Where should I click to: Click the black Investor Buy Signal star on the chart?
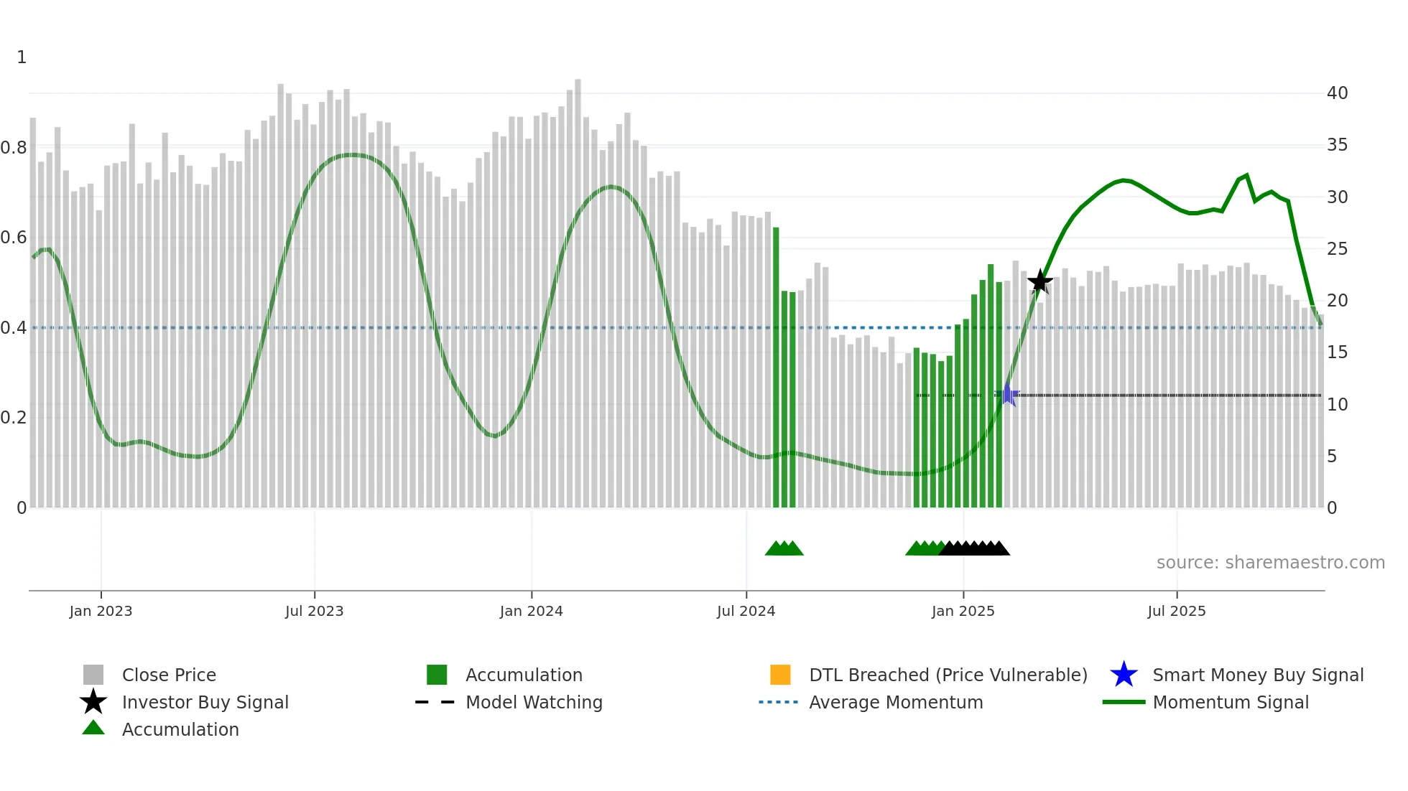coord(1039,281)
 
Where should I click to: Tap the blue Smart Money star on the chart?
coord(1007,395)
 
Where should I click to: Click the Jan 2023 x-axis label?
coord(101,611)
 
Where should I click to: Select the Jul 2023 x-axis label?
coord(314,611)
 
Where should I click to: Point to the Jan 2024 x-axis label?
coord(531,611)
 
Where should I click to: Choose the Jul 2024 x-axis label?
coord(746,611)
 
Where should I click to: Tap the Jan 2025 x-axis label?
coord(963,611)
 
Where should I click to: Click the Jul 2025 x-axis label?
coord(1176,611)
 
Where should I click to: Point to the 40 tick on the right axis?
coord(1337,93)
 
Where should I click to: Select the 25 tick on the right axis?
coord(1337,249)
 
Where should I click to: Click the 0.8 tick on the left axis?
coord(14,148)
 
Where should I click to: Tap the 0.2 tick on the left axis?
coord(14,418)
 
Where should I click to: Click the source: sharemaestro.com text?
coord(1270,563)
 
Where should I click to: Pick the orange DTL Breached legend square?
coord(780,675)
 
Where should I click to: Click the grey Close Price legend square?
coord(93,675)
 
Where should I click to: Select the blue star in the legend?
coord(1124,675)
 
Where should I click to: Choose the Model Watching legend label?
coord(534,702)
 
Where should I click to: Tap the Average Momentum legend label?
coord(896,702)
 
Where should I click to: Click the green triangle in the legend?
coord(93,728)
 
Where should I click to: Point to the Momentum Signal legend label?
coord(1231,702)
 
